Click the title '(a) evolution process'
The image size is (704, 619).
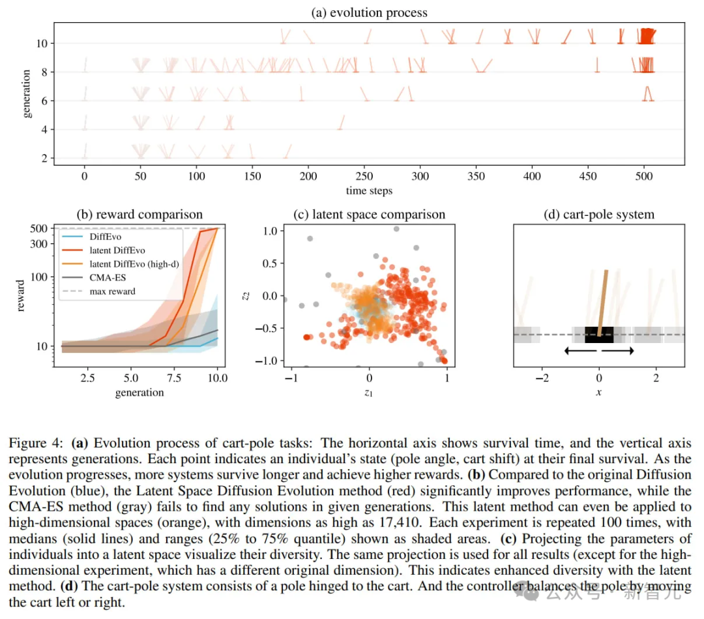pyautogui.click(x=370, y=12)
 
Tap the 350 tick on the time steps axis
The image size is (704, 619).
pyautogui.click(x=477, y=176)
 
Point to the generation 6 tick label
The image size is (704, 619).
pyautogui.click(x=42, y=101)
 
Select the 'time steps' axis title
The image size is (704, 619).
pyautogui.click(x=369, y=191)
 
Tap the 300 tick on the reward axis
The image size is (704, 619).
pyautogui.click(x=39, y=244)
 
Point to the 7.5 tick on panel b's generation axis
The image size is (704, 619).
pyautogui.click(x=173, y=378)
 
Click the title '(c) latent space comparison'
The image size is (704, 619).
pyautogui.click(x=369, y=215)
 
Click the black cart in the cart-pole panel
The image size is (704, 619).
pyautogui.click(x=598, y=335)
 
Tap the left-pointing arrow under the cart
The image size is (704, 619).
pyautogui.click(x=580, y=351)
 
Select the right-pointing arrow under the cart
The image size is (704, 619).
pyautogui.click(x=617, y=351)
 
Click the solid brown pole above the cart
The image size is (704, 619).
pyautogui.click(x=604, y=300)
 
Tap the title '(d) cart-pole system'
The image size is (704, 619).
pyautogui.click(x=598, y=215)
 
